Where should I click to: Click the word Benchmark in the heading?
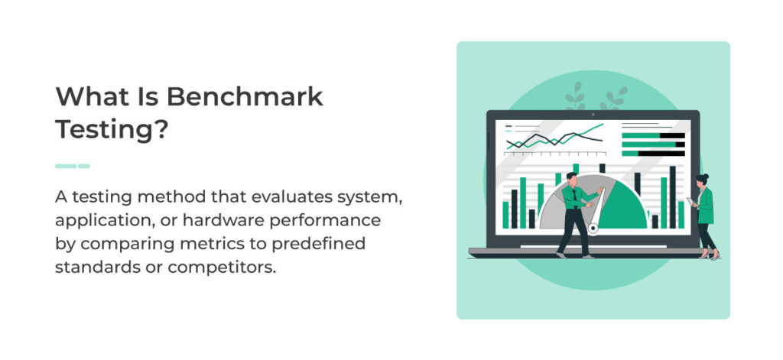(245, 98)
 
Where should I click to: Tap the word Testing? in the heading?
(111, 129)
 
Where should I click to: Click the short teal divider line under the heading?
(73, 166)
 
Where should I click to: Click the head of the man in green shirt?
(570, 178)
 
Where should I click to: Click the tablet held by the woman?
(690, 202)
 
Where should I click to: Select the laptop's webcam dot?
(593, 114)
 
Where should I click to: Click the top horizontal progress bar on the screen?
(652, 135)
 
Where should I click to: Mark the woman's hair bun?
(705, 177)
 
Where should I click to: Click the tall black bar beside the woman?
(672, 196)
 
